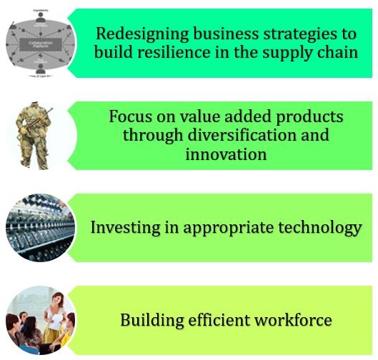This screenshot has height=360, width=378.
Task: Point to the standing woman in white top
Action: point(50,314)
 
